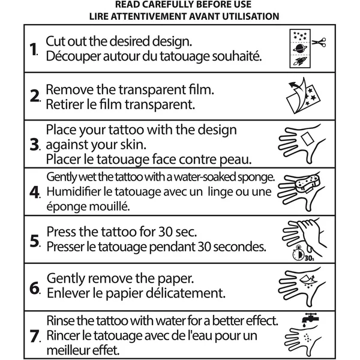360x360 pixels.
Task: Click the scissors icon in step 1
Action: [319, 42]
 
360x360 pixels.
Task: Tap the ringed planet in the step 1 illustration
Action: [300, 49]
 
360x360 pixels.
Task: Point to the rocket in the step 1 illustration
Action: [300, 61]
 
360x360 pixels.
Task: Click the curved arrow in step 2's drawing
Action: [295, 86]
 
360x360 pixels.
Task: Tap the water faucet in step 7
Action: [310, 319]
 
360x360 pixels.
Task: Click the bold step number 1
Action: [34, 49]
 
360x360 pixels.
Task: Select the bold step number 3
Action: [35, 145]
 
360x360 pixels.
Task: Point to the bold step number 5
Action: [35, 241]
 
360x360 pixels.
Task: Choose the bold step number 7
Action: [34, 336]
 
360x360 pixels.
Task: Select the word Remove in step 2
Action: [70, 89]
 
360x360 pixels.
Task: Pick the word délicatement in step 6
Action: [185, 293]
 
